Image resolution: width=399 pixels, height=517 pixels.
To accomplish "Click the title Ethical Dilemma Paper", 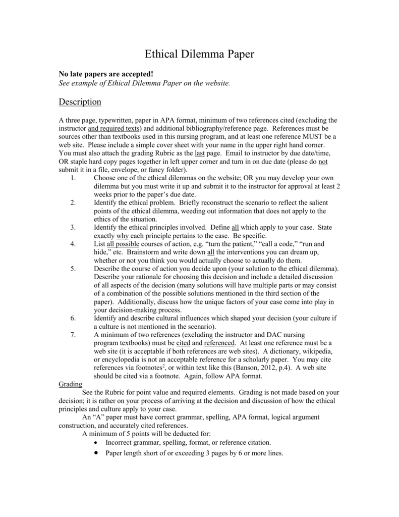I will [x=199, y=54].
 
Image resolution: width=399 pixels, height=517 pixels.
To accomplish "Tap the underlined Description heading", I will [x=80, y=102].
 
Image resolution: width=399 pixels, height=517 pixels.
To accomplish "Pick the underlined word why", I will [x=122, y=236].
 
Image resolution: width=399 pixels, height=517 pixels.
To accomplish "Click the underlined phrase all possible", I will [x=124, y=244].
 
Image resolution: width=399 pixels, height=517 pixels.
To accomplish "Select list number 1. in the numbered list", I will [x=73, y=178].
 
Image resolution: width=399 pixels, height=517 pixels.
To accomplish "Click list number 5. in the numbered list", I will [x=73, y=269].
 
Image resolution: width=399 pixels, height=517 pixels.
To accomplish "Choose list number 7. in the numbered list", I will [x=73, y=334].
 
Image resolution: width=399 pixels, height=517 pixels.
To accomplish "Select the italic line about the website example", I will [x=144, y=83].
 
